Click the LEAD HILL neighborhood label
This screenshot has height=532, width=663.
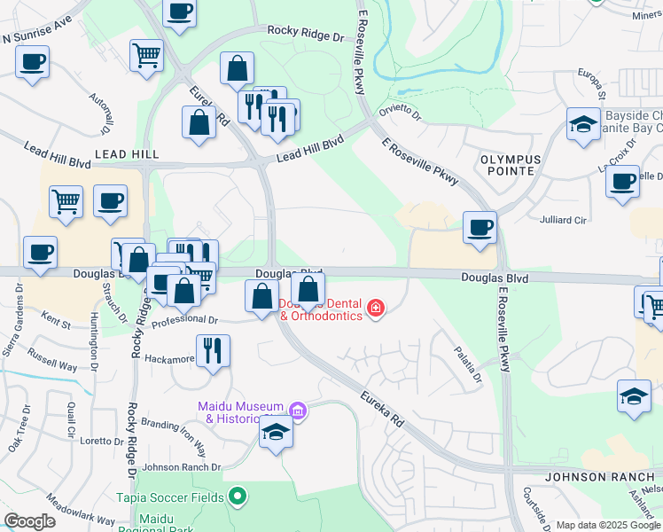pos(127,154)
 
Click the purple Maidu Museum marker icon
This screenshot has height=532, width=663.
pos(298,411)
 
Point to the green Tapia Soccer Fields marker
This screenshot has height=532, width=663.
pos(237,497)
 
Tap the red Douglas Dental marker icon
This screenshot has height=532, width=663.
pos(376,309)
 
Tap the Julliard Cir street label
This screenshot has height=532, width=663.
pos(564,218)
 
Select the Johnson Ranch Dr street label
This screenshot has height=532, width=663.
pos(181,467)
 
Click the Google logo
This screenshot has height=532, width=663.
pos(29,521)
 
